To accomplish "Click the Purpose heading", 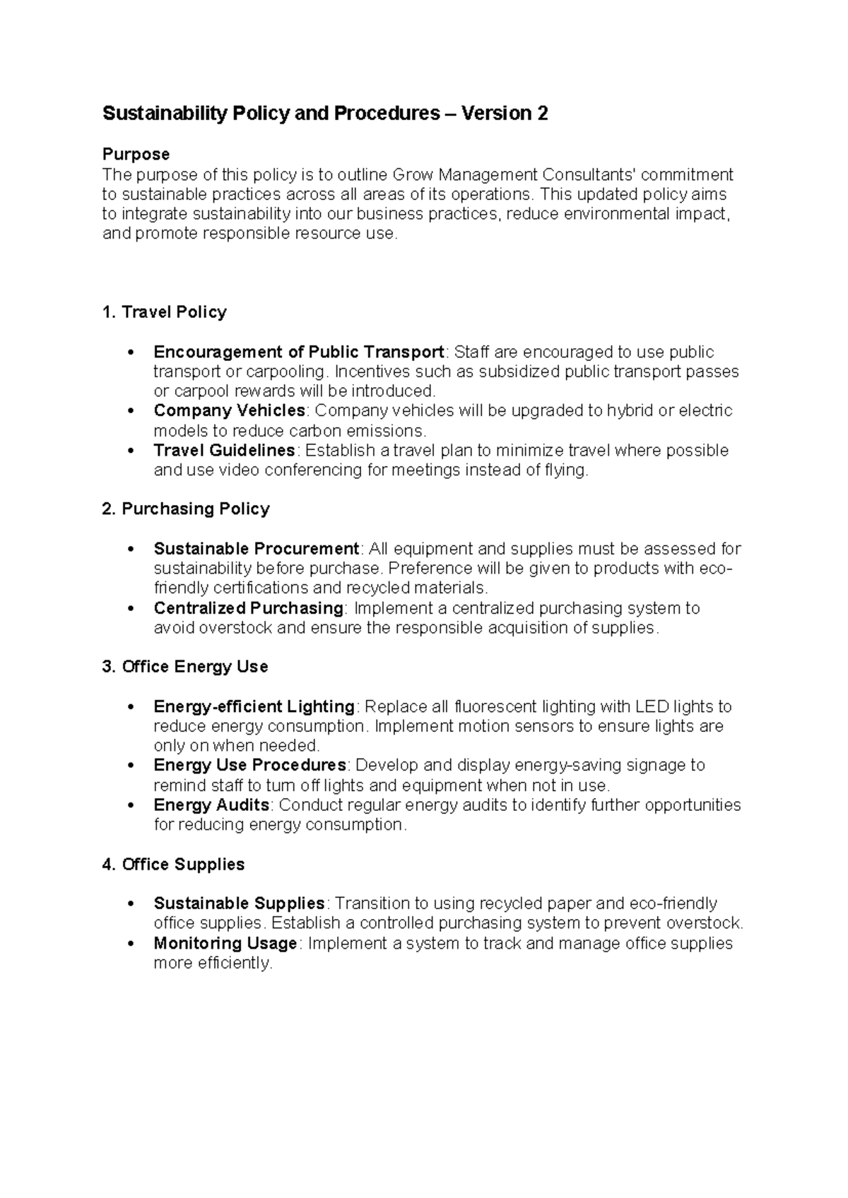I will pos(136,154).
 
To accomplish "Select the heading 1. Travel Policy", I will pos(164,312).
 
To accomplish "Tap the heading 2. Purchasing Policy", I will pos(186,509).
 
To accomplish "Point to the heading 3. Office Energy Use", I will pos(184,667).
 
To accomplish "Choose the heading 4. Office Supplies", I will pos(173,864).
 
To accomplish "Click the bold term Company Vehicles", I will pos(229,410).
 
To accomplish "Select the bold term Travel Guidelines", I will pos(224,450).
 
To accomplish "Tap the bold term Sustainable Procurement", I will pos(257,549).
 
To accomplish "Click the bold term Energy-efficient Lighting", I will pos(254,706).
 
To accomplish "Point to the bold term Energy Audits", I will pos(211,805).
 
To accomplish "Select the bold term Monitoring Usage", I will pos(225,943).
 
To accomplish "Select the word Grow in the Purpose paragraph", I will pos(413,174).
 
